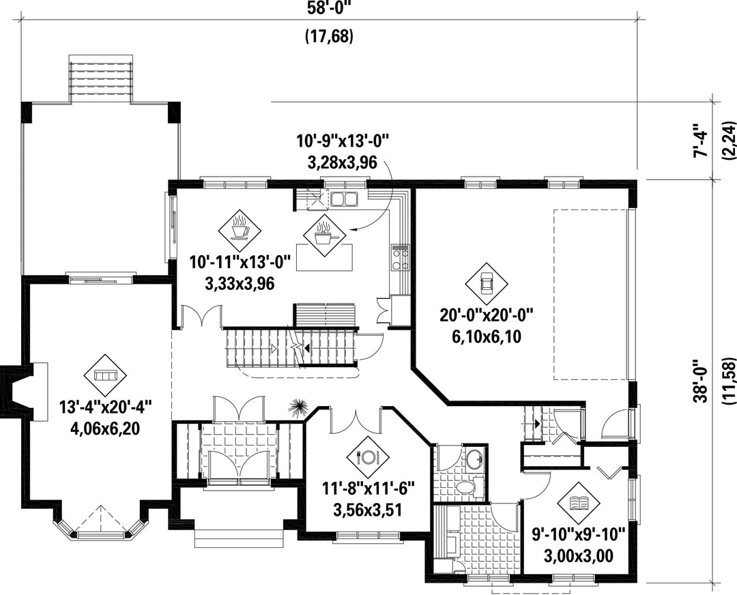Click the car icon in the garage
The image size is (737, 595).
pyautogui.click(x=487, y=283)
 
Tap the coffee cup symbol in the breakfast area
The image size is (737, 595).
pyautogui.click(x=240, y=231)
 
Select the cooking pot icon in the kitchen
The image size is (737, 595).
pyautogui.click(x=324, y=235)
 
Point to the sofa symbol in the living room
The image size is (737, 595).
pyautogui.click(x=105, y=375)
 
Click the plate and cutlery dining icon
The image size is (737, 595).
pyautogui.click(x=367, y=456)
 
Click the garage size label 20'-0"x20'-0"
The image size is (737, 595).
pyautogui.click(x=487, y=315)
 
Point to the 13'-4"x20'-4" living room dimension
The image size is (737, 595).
pyautogui.click(x=106, y=407)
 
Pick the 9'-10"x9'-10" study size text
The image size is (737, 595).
pyautogui.click(x=579, y=534)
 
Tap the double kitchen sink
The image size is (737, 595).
pyautogui.click(x=343, y=199)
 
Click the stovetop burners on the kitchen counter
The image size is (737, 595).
pyautogui.click(x=400, y=258)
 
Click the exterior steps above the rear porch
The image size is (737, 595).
pyautogui.click(x=100, y=78)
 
